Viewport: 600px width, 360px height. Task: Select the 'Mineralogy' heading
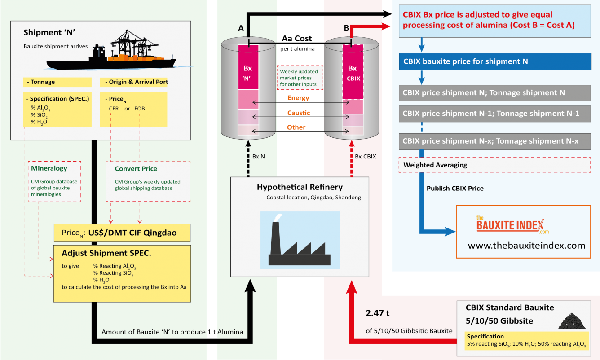tap(49, 168)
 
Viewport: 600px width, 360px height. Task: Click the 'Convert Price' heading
tap(136, 169)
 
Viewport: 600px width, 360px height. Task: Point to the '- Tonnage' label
tap(41, 82)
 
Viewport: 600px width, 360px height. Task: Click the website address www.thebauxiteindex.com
tap(526, 246)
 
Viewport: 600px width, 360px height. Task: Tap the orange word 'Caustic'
tap(299, 113)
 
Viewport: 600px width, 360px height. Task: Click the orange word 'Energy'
tap(298, 98)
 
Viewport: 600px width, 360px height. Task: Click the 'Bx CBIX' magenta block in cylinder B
tap(353, 72)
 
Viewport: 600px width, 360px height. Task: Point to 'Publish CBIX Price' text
tap(455, 188)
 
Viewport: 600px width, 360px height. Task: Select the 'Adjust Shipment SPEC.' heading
tap(106, 253)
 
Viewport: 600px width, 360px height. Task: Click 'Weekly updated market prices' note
tap(299, 78)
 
